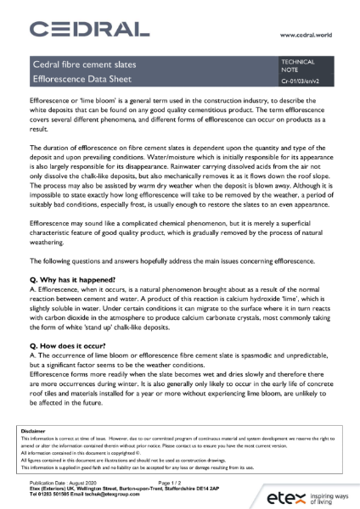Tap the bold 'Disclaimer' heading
33,432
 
